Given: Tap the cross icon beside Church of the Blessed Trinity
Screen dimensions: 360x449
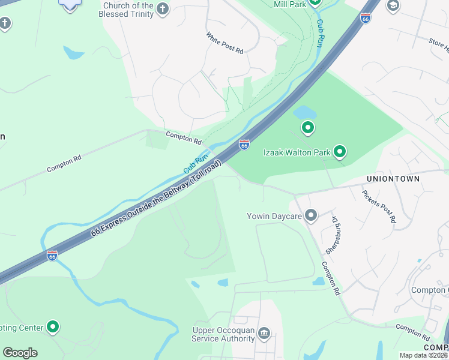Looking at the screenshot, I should pyautogui.click(x=163, y=8).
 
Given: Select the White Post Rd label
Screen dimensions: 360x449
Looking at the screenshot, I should pyautogui.click(x=224, y=43).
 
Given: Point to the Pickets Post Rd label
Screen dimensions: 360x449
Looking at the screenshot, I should pyautogui.click(x=379, y=206).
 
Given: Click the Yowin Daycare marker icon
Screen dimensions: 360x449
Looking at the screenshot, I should pyautogui.click(x=310, y=215).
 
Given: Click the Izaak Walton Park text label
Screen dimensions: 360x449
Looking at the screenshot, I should pyautogui.click(x=297, y=152).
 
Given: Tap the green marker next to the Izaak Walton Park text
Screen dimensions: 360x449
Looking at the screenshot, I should pyautogui.click(x=340, y=152).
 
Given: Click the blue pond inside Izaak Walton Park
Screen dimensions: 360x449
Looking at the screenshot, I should pyautogui.click(x=304, y=112).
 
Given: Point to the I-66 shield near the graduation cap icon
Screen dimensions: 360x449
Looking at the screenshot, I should pyautogui.click(x=365, y=19).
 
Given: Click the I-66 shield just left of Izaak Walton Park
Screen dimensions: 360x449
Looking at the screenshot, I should pyautogui.click(x=244, y=145).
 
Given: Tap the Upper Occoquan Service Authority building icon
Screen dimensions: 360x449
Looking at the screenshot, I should pyautogui.click(x=263, y=334).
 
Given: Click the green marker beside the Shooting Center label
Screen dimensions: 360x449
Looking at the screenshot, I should pyautogui.click(x=53, y=327).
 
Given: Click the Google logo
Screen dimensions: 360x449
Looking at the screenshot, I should pyautogui.click(x=20, y=353).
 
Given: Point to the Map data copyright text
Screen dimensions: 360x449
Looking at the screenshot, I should pyautogui.click(x=424, y=355).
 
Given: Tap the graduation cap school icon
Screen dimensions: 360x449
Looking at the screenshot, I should pyautogui.click(x=393, y=6).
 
